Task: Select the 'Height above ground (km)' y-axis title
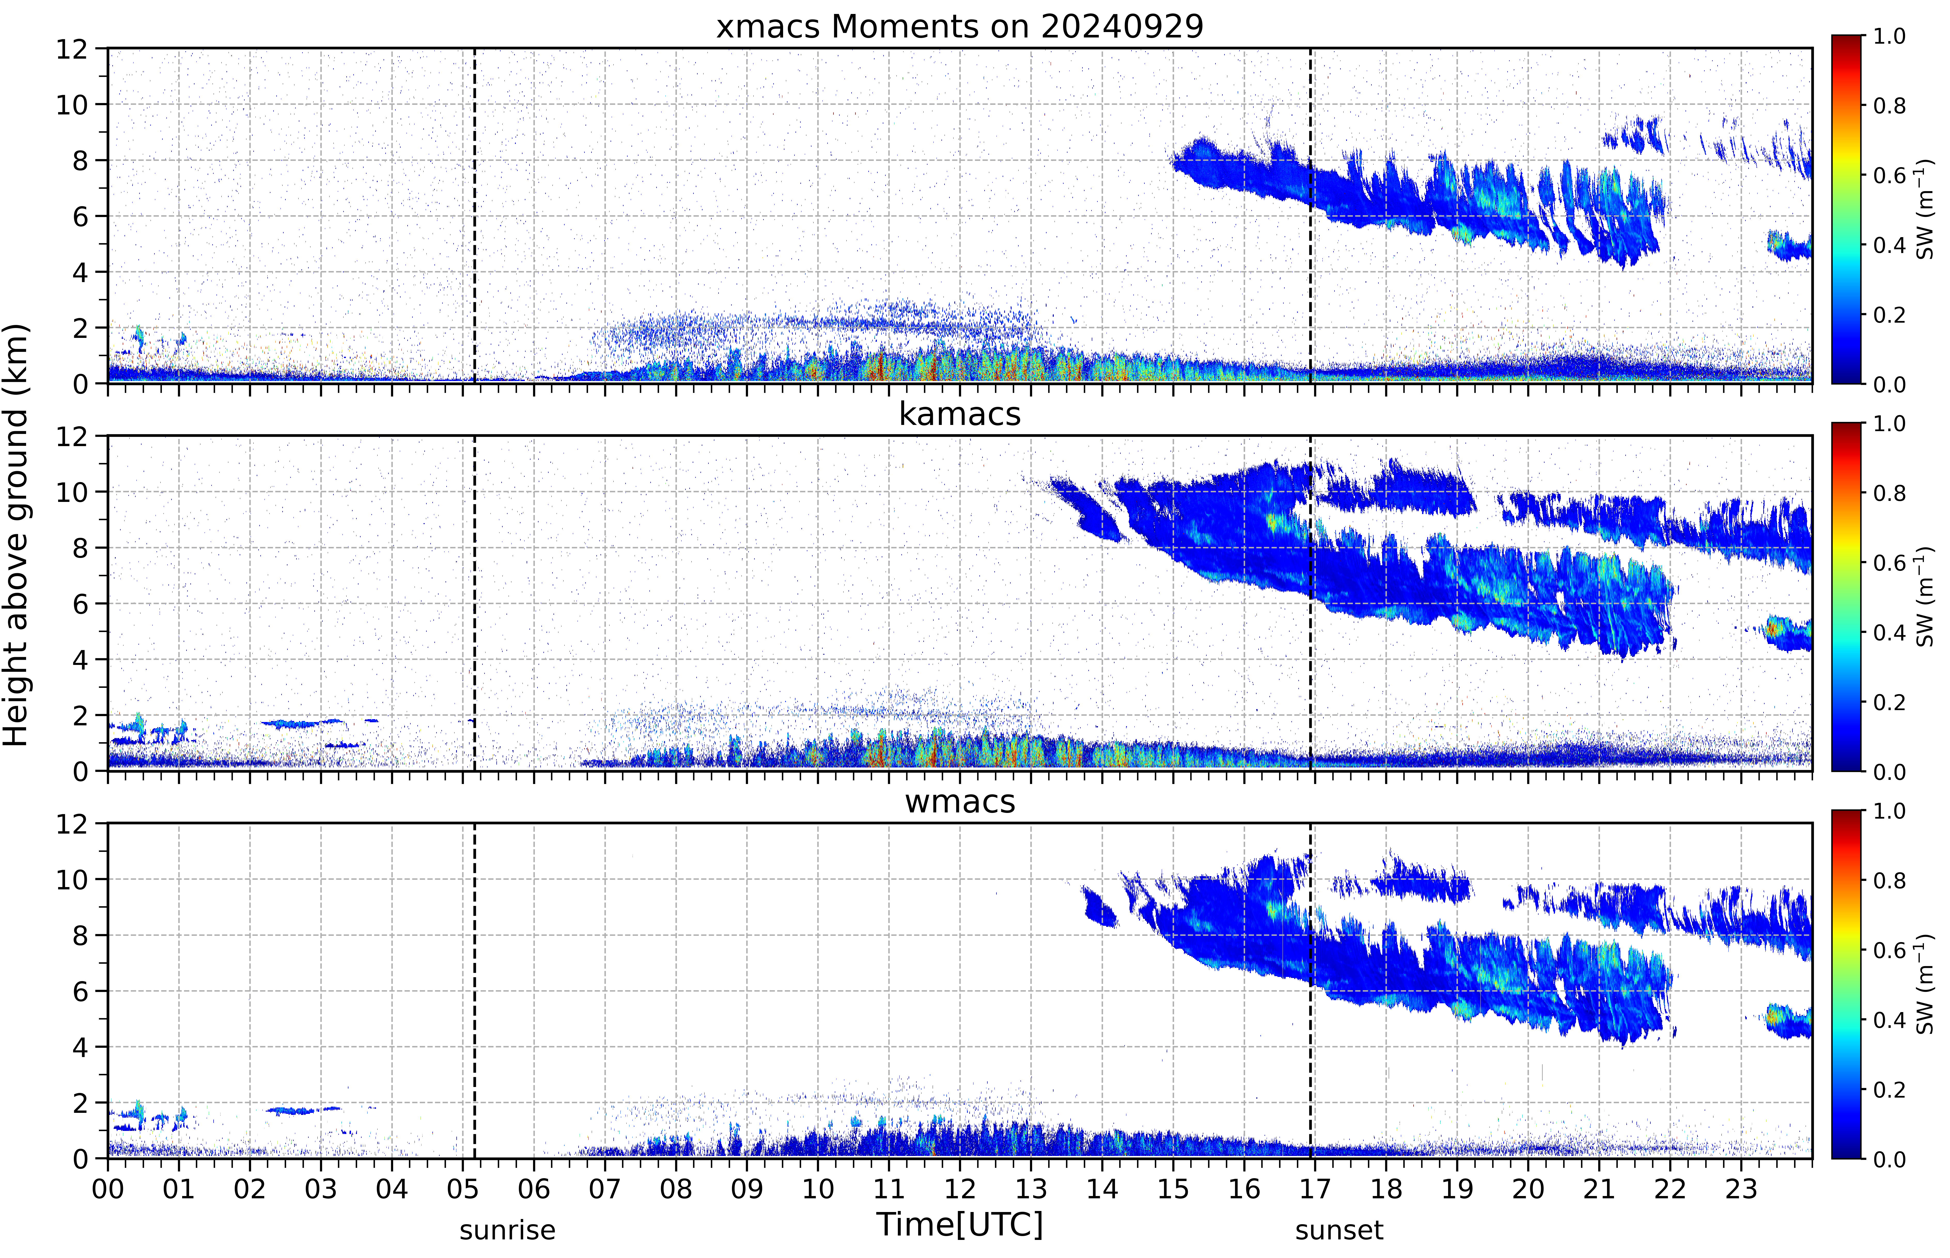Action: coord(16,535)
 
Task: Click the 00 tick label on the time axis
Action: coord(108,1189)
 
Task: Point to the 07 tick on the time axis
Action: coord(605,1189)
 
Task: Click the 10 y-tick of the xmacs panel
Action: coord(72,105)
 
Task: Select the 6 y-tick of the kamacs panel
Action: coord(80,604)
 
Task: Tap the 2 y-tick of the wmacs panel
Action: coord(80,1103)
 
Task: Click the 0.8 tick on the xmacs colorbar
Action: coord(1889,105)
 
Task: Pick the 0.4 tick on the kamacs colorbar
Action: coord(1889,632)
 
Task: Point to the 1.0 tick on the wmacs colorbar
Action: coord(1889,811)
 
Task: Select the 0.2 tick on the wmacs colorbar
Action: coord(1889,1090)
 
